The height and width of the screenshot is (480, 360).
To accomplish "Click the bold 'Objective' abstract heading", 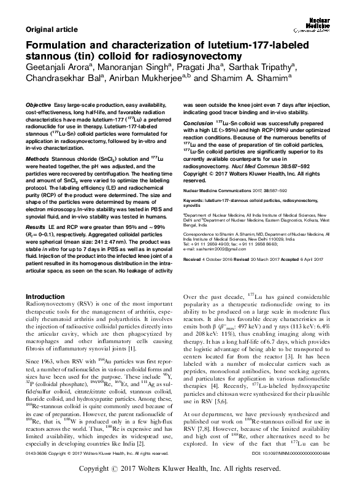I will click(x=39, y=106).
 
